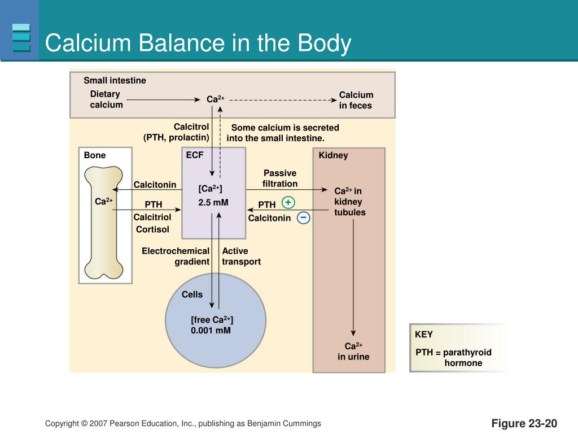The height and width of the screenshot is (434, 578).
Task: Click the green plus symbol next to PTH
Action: (x=288, y=202)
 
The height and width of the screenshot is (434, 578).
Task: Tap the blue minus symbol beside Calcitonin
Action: (x=303, y=218)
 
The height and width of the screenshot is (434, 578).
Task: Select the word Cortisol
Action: (x=152, y=229)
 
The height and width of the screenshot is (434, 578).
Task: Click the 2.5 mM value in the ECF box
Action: (x=213, y=202)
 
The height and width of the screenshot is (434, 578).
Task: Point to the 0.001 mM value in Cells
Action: (x=211, y=330)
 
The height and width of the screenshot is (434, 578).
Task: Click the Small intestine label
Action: (x=115, y=80)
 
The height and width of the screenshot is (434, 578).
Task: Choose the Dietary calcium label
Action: (x=106, y=99)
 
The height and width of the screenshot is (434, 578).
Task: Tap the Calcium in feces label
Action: (x=356, y=100)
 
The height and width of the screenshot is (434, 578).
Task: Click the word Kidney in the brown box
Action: (x=333, y=155)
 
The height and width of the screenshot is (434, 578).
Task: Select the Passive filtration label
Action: (x=280, y=178)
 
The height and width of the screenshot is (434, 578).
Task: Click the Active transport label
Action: (x=241, y=256)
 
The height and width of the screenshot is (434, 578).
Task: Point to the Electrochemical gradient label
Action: (x=176, y=256)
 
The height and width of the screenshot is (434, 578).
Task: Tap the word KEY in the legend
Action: (x=424, y=335)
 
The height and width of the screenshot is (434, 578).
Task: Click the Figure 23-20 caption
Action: (x=524, y=423)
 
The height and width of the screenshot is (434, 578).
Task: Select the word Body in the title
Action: (x=325, y=44)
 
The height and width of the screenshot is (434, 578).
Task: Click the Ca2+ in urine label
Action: (x=353, y=351)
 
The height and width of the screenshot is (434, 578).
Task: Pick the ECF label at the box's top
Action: (x=195, y=155)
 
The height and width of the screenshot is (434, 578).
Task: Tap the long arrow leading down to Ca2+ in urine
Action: (x=353, y=277)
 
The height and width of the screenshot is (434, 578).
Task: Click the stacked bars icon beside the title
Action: (x=21, y=38)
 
